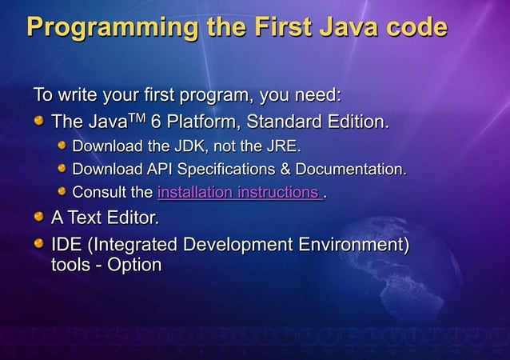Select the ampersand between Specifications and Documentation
[285, 170]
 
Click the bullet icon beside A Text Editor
[39, 217]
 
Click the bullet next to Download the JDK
[62, 146]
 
